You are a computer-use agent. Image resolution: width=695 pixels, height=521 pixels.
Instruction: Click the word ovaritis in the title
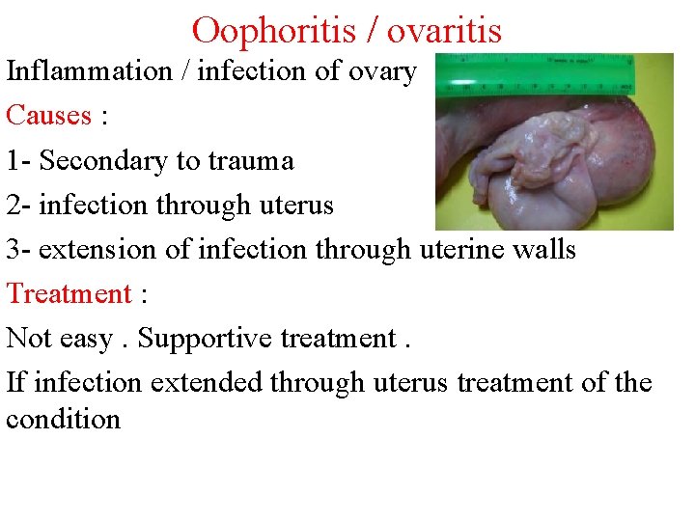444,30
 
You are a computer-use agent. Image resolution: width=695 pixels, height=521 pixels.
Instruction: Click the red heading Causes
48,116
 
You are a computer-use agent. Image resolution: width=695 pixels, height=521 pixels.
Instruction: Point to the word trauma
251,160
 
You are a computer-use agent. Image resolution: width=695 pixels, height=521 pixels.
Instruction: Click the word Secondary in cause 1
103,160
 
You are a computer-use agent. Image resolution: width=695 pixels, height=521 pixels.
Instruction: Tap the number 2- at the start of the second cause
19,205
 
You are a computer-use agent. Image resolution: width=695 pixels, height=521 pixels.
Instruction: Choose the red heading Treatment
69,293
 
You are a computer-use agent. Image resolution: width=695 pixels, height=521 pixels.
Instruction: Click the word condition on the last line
63,420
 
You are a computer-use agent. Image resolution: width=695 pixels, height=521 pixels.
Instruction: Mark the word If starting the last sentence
16,383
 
